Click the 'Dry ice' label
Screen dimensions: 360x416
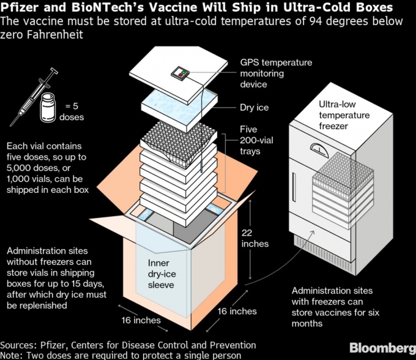tap(254, 108)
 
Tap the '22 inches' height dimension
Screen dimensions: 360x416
tap(254, 238)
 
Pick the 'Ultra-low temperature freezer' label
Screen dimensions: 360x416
tap(343, 115)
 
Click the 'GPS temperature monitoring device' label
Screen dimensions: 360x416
tap(275, 73)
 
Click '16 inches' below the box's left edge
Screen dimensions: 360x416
tap(141, 320)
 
